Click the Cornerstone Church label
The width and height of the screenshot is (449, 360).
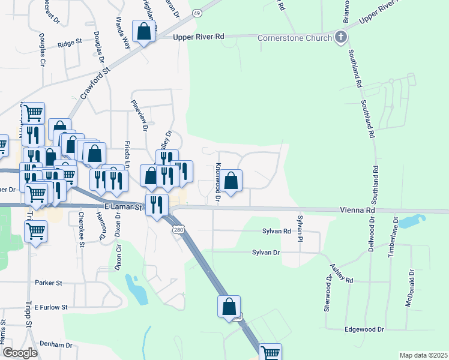(295, 38)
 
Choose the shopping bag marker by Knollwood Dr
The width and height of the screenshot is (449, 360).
(231, 179)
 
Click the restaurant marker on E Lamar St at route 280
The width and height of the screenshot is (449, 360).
(156, 205)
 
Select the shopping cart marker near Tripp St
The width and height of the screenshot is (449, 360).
(36, 231)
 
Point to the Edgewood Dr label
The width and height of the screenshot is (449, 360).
(364, 329)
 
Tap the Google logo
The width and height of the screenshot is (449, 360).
(20, 353)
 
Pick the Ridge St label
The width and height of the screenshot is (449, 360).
(70, 44)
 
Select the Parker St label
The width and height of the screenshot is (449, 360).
(49, 283)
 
